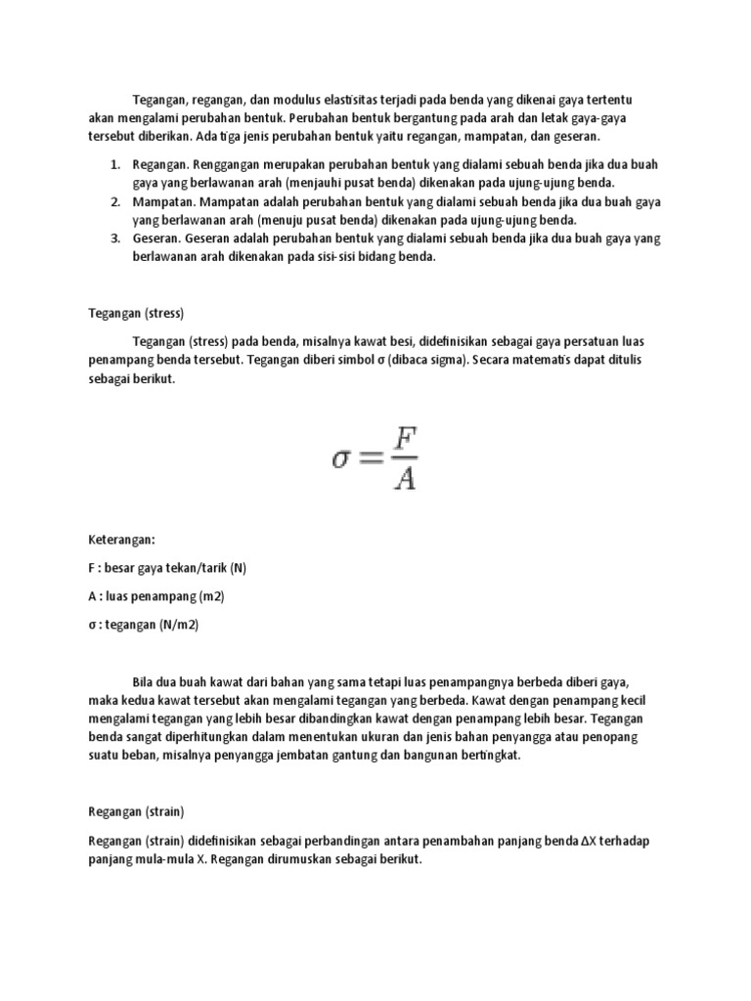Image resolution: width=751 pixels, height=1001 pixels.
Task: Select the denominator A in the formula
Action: [405, 479]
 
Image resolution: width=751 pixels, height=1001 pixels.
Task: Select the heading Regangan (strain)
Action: [137, 811]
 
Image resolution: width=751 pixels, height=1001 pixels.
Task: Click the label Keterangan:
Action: [121, 539]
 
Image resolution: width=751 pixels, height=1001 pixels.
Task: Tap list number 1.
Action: [113, 164]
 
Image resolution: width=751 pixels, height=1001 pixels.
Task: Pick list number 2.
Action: [113, 201]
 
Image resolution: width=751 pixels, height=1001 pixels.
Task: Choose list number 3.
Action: [113, 239]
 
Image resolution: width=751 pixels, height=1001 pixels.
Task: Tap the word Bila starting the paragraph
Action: [144, 680]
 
